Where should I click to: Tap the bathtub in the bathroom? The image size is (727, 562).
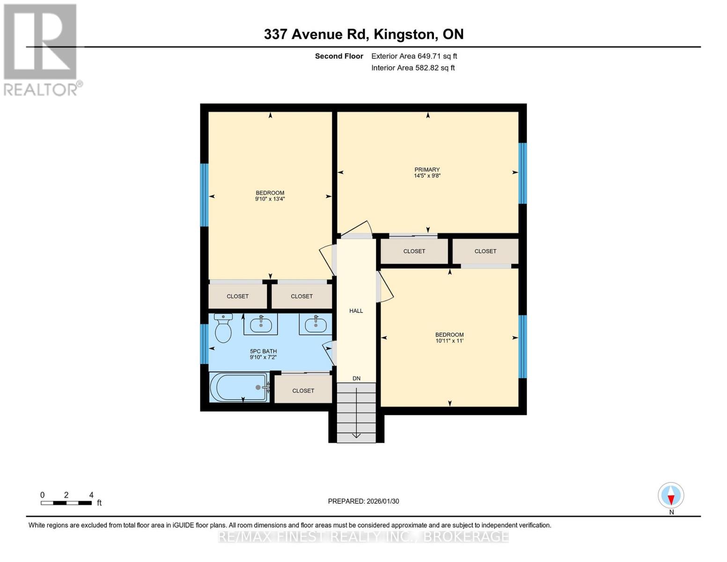pos(239,387)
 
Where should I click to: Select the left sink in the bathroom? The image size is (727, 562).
pos(261,324)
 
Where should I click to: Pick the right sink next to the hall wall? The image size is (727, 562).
pos(316,324)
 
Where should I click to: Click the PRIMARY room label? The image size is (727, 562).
pos(427,170)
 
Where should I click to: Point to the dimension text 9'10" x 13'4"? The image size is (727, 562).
pos(270,199)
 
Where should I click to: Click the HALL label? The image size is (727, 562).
pos(356,311)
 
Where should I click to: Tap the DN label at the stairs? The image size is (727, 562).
pos(357,378)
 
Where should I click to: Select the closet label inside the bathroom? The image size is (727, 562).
pos(303,391)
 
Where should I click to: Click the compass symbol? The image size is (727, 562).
pos(671,495)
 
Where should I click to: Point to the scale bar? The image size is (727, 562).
pos(66,503)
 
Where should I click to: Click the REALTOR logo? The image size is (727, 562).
pos(41,49)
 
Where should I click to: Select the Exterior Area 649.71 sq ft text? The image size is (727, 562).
pos(414,56)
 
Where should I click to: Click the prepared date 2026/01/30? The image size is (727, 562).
pos(363,501)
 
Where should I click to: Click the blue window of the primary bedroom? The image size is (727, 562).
pos(523,173)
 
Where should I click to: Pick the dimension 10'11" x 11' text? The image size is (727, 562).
pos(449,341)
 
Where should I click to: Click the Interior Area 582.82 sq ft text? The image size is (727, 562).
pos(413,68)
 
